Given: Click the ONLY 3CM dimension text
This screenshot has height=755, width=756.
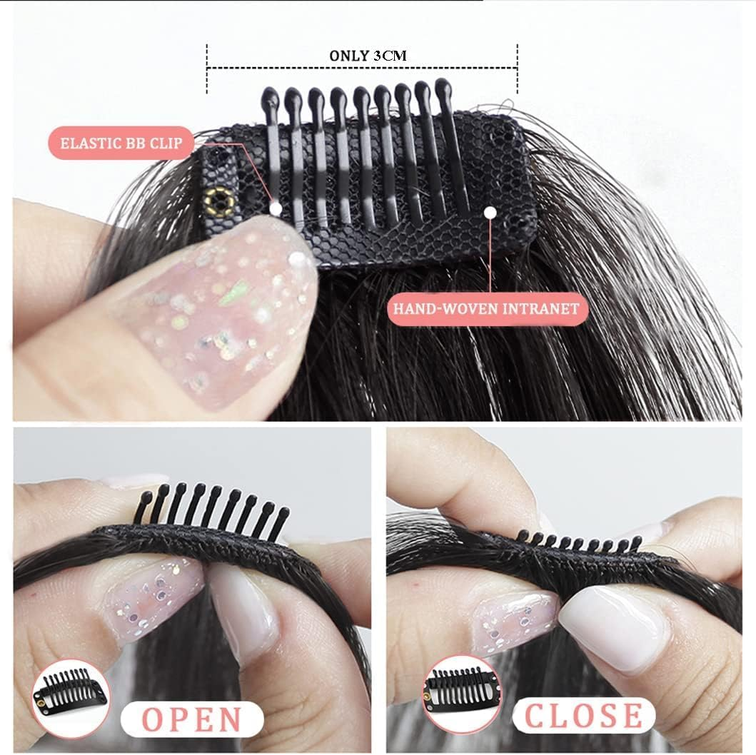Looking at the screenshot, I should [368, 55].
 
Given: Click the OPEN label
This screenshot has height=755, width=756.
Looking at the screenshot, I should [192, 719].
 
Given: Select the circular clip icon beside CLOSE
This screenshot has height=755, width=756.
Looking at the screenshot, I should [462, 693].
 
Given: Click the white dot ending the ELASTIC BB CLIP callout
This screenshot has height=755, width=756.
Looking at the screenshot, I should [276, 208].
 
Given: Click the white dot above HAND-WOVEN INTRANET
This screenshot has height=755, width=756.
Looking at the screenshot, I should [490, 212].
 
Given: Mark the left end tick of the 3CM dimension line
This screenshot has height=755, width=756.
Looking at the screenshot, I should [207, 69].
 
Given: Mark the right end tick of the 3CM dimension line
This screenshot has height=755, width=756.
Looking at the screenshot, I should [517, 69].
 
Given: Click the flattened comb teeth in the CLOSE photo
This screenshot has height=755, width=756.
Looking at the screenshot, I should [578, 544].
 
